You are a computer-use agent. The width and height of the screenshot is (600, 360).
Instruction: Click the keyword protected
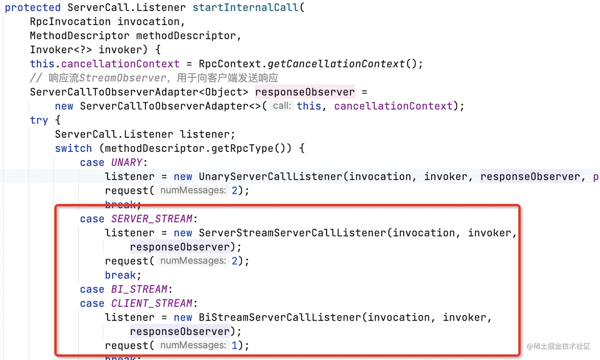33,8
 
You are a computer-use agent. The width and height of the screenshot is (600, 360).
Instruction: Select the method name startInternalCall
246,8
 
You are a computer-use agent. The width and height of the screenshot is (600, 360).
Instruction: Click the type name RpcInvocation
70,21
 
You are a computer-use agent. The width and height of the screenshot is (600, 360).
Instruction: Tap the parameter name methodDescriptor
186,36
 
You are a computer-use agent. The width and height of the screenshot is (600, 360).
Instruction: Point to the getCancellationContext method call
336,64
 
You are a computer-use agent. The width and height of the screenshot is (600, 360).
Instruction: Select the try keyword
39,120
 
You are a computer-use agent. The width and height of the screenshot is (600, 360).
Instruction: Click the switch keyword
73,148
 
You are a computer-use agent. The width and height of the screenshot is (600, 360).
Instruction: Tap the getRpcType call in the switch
242,148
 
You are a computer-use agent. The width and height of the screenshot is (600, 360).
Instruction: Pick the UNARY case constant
127,163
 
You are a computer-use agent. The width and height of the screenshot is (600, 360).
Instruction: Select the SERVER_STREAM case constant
152,219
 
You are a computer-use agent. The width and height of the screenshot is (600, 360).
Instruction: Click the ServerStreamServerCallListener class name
292,233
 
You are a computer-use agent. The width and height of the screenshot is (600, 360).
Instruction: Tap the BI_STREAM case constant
139,289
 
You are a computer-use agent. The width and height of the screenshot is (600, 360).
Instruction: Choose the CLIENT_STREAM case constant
152,304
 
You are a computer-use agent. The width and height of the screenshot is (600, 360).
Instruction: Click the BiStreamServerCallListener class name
280,318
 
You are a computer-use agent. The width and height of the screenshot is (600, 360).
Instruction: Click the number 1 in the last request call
235,346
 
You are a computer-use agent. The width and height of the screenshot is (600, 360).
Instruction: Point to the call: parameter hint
282,106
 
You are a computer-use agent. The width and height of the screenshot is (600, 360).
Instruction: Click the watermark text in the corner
558,347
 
